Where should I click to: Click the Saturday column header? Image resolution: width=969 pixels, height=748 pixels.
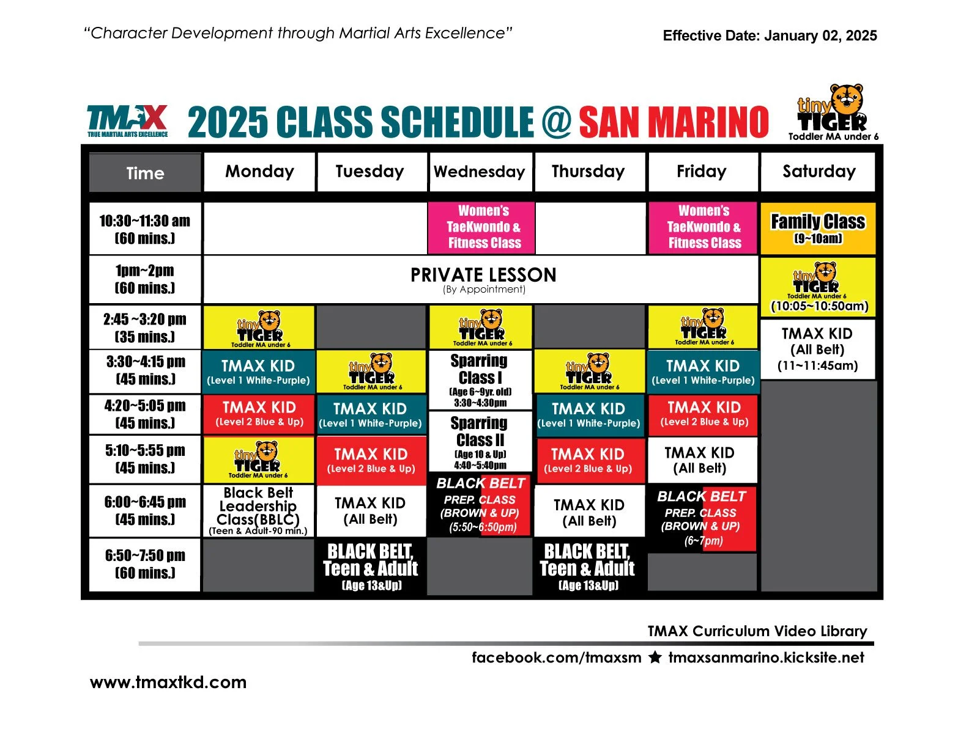coord(819,172)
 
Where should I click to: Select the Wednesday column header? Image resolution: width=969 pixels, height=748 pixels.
coord(480,172)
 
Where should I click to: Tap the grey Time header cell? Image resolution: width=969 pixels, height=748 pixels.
coord(145,173)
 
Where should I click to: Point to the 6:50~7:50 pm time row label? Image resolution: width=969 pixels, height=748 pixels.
coord(145,564)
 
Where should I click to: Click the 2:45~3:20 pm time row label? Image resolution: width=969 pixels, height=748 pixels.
coord(145,328)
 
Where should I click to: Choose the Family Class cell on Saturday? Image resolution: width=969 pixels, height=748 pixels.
coord(818,228)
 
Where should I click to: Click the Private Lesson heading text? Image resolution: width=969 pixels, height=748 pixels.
coord(483,275)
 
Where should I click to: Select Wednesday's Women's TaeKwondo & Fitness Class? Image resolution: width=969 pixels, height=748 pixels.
coord(483,227)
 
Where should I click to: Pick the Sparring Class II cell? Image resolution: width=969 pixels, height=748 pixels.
coord(480,441)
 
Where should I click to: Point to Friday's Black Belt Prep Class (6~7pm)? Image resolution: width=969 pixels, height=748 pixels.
coord(702,518)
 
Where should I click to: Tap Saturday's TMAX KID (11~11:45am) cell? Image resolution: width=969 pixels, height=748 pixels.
coord(817,350)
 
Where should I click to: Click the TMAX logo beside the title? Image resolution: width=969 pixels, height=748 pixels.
coord(128,120)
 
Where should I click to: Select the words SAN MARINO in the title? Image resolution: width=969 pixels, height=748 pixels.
coord(674,122)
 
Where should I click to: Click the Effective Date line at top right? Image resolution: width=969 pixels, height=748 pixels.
coord(770,35)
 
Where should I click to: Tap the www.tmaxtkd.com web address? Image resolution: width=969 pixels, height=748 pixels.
coord(168,682)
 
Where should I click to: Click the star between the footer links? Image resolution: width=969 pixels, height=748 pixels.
coord(655,658)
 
